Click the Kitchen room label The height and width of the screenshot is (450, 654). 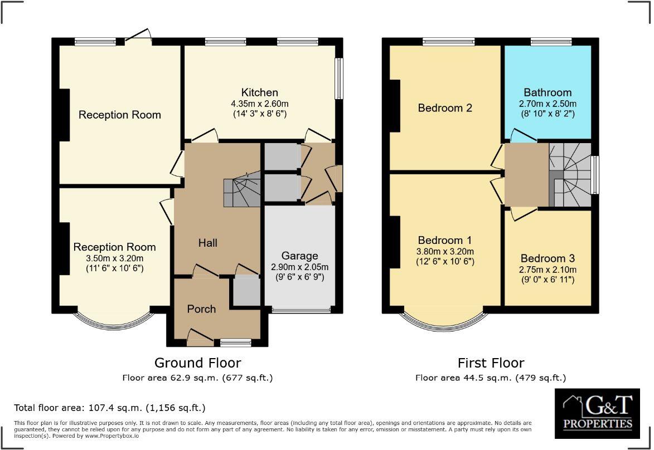259,92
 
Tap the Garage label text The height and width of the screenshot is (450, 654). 299,256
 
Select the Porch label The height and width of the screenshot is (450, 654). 201,309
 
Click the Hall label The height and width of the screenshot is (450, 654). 208,243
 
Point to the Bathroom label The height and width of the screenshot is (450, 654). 548,92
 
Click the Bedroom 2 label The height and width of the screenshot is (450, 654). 445,108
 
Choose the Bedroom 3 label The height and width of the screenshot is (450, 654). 548,258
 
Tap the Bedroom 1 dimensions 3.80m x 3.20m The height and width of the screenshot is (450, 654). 445,251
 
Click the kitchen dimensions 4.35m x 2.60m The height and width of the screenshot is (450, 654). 259,104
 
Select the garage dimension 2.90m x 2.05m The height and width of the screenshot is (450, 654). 299,266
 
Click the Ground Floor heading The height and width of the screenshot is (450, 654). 197,363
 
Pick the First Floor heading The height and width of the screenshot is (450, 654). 491,363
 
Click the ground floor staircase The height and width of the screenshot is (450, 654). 241,188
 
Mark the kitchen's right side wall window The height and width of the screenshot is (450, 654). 339,79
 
